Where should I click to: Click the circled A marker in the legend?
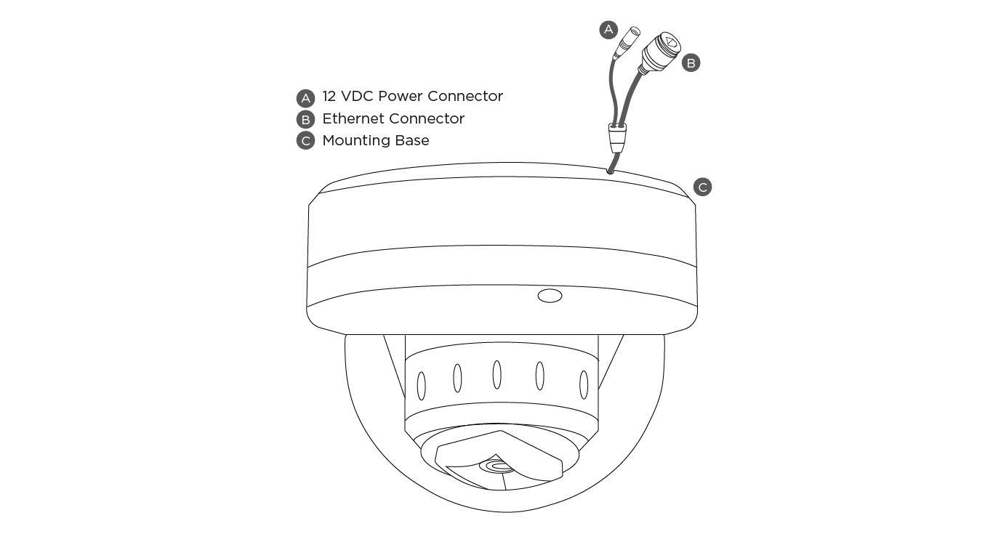click(305, 98)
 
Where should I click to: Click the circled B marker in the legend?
click(305, 119)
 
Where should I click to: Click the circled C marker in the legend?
click(305, 141)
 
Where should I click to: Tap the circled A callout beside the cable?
click(608, 30)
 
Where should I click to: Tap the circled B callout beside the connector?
click(691, 63)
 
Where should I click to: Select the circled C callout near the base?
click(702, 187)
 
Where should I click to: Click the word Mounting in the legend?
click(355, 141)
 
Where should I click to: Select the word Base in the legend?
click(411, 140)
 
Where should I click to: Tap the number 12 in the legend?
click(329, 97)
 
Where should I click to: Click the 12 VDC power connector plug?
click(627, 43)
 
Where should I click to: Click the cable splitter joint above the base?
click(617, 137)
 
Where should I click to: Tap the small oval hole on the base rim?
click(550, 296)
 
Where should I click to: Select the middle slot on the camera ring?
click(496, 375)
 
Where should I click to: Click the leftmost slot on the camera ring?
click(421, 386)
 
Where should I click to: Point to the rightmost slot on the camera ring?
click(584, 385)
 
